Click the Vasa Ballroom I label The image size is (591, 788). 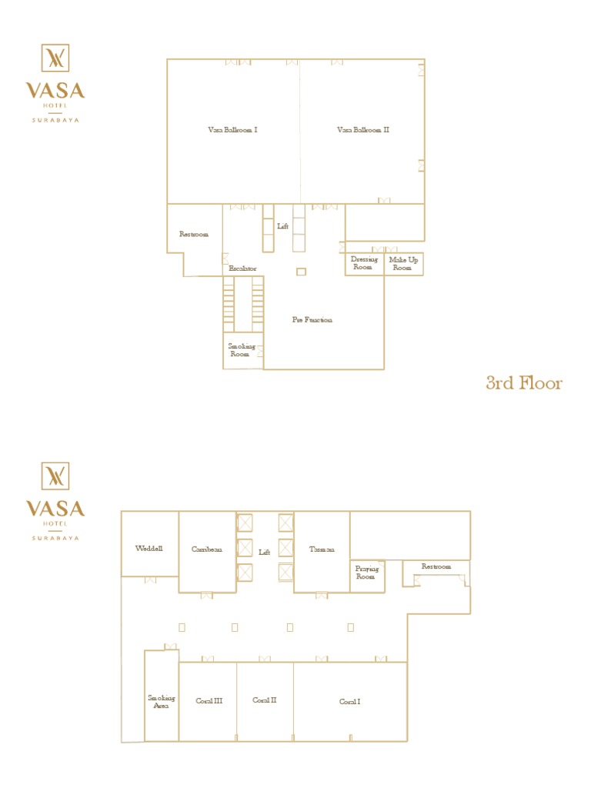point(232,130)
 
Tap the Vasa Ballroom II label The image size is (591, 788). point(363,130)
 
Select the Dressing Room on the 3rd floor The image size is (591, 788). point(365,263)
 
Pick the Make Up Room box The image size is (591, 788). point(403,263)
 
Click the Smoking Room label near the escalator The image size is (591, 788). point(241,350)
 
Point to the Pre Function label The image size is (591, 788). point(312,319)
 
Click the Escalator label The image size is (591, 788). point(242,269)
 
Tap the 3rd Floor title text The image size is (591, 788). point(524,382)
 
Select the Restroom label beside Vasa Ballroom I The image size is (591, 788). point(194,234)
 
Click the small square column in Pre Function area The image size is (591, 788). point(301,272)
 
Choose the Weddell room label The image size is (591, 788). point(149,549)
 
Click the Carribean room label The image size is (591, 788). point(207,549)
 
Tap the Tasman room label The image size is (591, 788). point(322,549)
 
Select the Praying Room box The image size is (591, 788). point(366,573)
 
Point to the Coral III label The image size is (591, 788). point(209,701)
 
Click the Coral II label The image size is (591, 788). point(265,700)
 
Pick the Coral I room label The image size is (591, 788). point(350,701)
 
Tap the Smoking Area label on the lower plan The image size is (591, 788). point(162,701)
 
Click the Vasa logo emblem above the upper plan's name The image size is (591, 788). point(55,58)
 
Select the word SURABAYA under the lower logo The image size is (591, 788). point(55,538)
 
